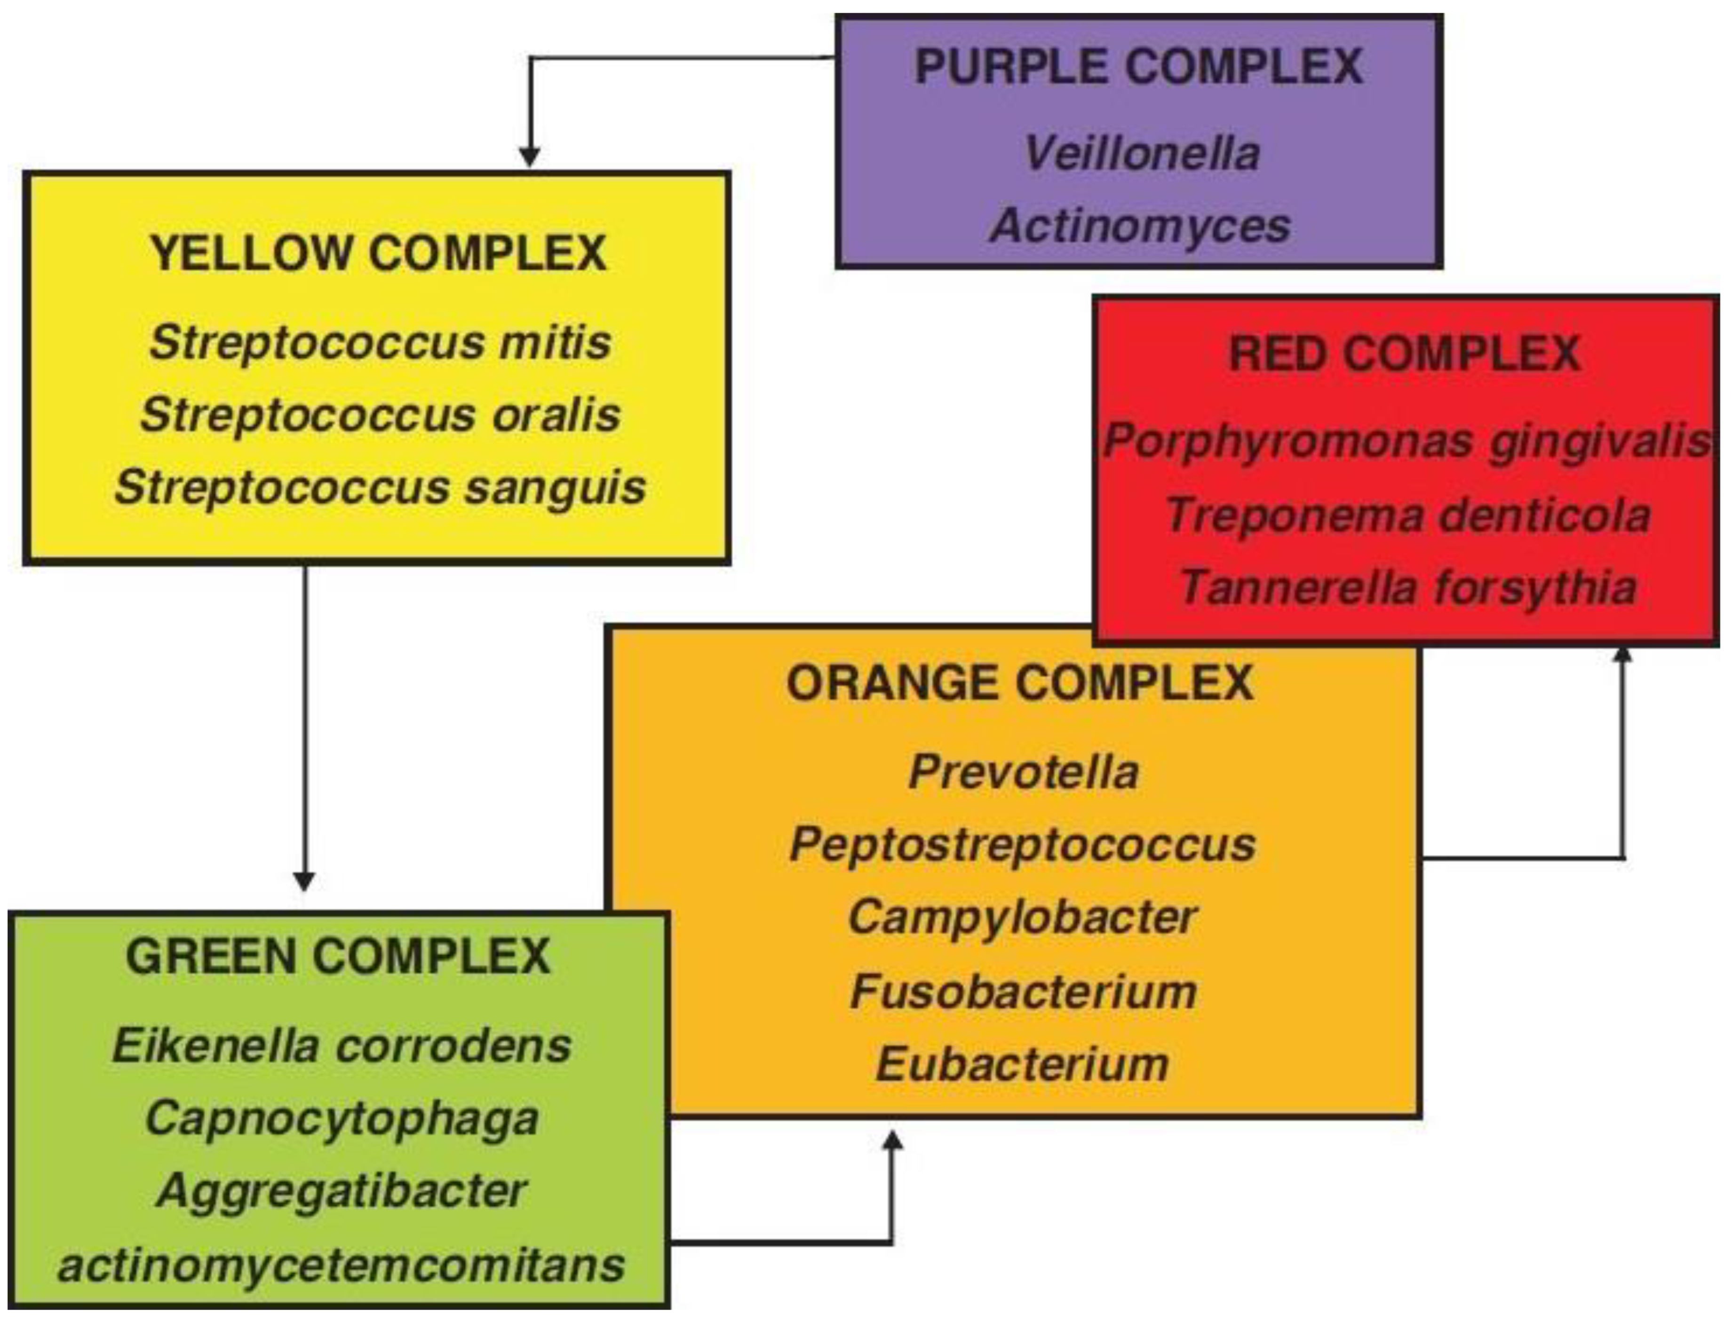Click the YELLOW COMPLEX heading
tap(378, 253)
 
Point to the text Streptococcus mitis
tap(380, 343)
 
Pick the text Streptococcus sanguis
tap(380, 488)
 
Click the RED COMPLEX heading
tap(1404, 353)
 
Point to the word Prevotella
tap(1023, 772)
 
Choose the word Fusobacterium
tap(1023, 991)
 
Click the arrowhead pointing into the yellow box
tap(530, 157)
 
